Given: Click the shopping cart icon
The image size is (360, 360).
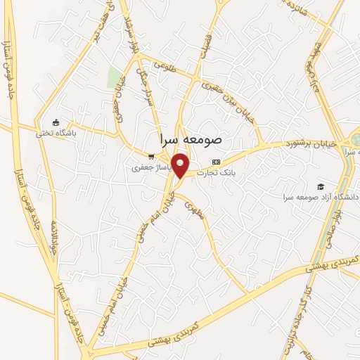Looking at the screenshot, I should pos(150,157).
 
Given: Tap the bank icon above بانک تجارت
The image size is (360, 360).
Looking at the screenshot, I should pos(216,162).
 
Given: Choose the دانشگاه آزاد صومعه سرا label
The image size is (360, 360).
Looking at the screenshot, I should pos(319,198).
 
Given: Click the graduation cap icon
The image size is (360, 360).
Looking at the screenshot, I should pos(321,186).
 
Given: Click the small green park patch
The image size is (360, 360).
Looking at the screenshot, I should pos(113,77).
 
